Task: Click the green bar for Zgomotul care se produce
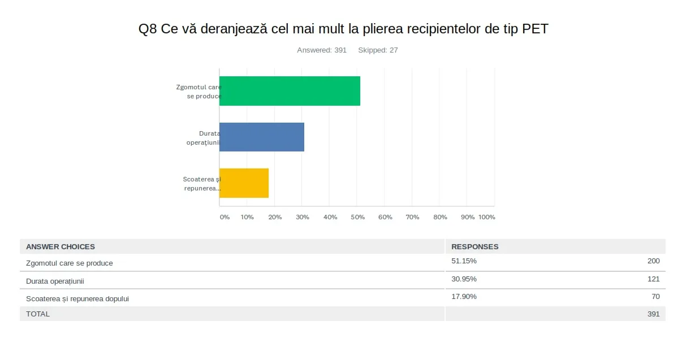[290, 91]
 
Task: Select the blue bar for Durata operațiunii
[262, 137]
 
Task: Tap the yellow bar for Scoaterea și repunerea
[244, 183]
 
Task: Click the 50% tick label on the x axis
[357, 217]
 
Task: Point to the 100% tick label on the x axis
[486, 217]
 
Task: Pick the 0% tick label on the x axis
[225, 217]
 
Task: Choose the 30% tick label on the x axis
[303, 217]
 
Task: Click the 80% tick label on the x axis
[440, 217]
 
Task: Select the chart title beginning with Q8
[343, 29]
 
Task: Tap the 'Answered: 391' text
[322, 50]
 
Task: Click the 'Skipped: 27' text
[378, 50]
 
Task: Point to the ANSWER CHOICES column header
[61, 246]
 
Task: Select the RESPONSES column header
[475, 246]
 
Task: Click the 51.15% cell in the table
[464, 261]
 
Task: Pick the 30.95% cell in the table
[464, 279]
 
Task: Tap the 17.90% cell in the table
[464, 296]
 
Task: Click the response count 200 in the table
[653, 261]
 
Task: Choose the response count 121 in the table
[653, 279]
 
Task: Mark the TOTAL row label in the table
[38, 314]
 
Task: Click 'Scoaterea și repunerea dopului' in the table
[77, 298]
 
